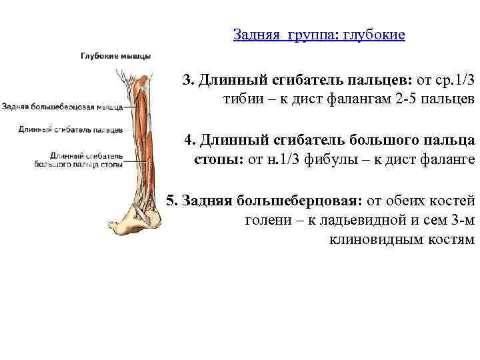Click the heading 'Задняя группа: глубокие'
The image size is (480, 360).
(319, 34)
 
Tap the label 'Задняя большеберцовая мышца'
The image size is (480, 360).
(61, 106)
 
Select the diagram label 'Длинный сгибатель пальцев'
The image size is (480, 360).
(70, 128)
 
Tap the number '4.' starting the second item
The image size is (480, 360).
(191, 141)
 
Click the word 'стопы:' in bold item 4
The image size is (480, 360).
(219, 160)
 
